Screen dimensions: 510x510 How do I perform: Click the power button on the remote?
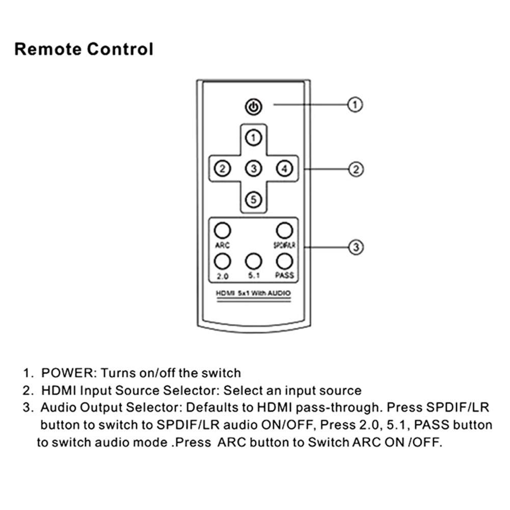[x=254, y=108]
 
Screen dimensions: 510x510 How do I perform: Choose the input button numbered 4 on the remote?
[x=284, y=168]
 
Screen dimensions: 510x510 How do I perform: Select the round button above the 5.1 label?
[x=253, y=261]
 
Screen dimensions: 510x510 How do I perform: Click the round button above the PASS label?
[x=284, y=261]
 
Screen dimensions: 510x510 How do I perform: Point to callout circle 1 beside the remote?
[x=355, y=105]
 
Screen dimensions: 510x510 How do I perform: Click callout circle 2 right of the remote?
[x=355, y=169]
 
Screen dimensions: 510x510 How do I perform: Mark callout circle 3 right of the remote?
[x=355, y=248]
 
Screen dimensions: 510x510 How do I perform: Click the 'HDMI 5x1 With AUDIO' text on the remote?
[x=253, y=294]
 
